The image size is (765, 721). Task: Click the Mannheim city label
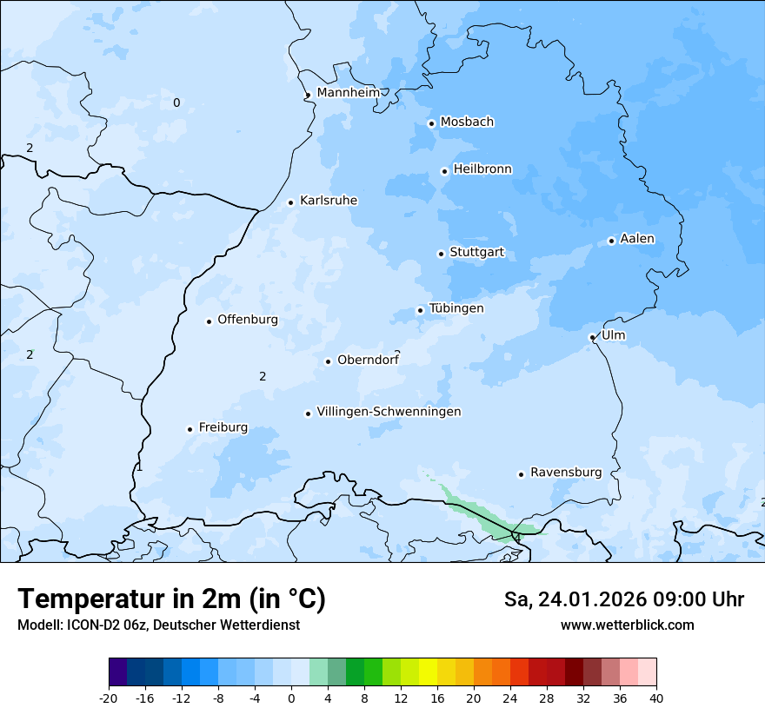click(349, 93)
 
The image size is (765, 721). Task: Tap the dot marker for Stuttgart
click(441, 254)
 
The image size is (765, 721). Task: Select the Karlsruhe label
click(329, 201)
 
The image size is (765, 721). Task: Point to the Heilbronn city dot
click(444, 171)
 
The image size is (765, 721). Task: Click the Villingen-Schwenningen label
click(389, 412)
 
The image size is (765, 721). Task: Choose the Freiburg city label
click(223, 427)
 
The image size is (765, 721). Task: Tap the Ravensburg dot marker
click(521, 474)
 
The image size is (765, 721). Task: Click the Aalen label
click(637, 239)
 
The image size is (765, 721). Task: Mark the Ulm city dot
click(592, 337)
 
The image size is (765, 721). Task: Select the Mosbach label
click(467, 122)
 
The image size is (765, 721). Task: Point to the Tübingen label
click(456, 308)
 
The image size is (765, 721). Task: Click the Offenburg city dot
click(209, 321)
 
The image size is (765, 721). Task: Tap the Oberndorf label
click(368, 360)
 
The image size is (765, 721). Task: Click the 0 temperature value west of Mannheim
click(176, 103)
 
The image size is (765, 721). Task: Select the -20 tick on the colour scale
click(109, 698)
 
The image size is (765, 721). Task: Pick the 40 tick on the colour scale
click(655, 698)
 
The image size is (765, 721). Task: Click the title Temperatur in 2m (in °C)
click(171, 599)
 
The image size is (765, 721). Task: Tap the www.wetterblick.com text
click(627, 625)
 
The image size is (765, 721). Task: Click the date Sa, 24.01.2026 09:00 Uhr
click(623, 599)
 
